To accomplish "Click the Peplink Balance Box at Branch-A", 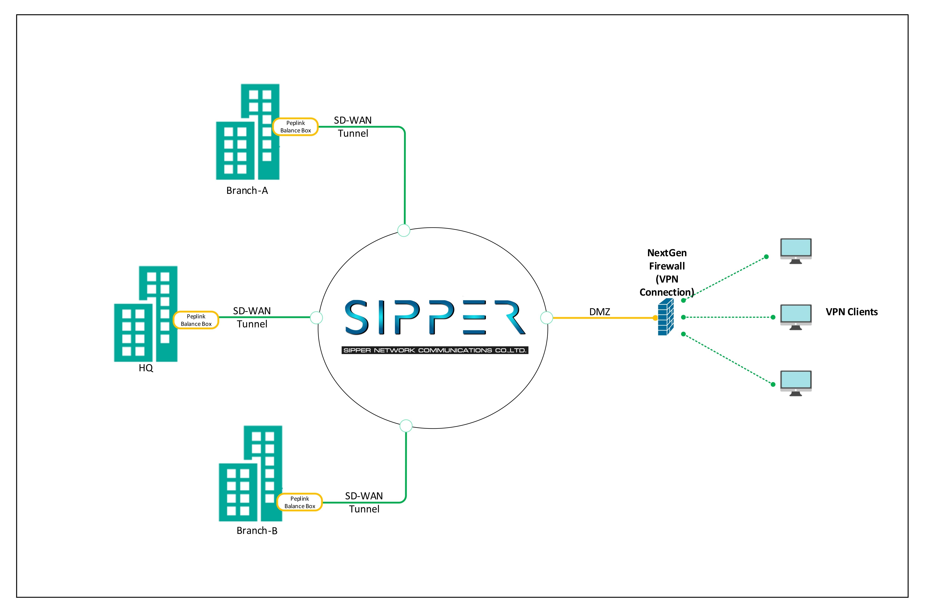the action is pyautogui.click(x=296, y=127).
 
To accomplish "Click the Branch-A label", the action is pyautogui.click(x=247, y=190).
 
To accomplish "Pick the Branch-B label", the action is pyautogui.click(x=257, y=531).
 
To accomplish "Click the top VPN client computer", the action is pyautogui.click(x=796, y=251).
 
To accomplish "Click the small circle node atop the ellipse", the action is pyautogui.click(x=404, y=230).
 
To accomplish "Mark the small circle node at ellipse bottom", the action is pyautogui.click(x=406, y=426).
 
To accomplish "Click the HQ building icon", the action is pyautogui.click(x=146, y=314).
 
